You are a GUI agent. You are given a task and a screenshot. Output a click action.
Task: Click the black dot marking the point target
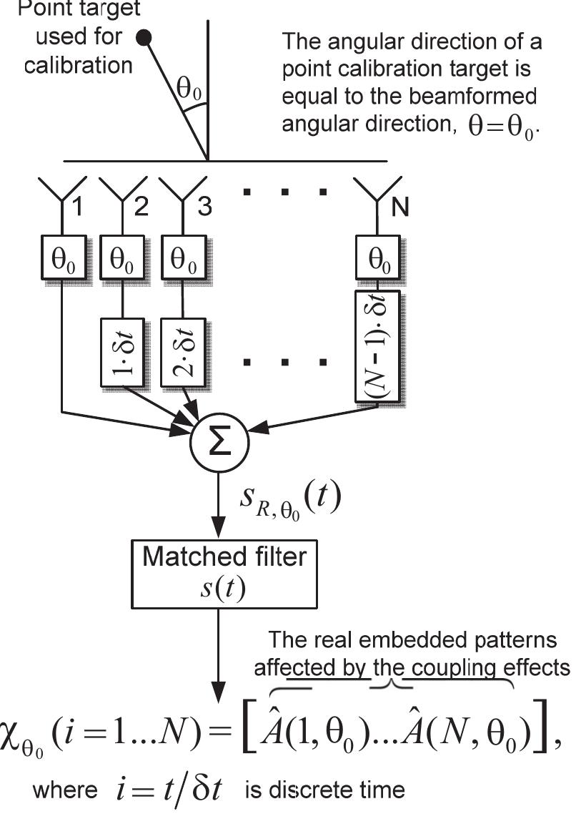[x=144, y=38]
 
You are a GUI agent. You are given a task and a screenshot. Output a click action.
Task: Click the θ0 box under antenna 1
[x=64, y=255]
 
